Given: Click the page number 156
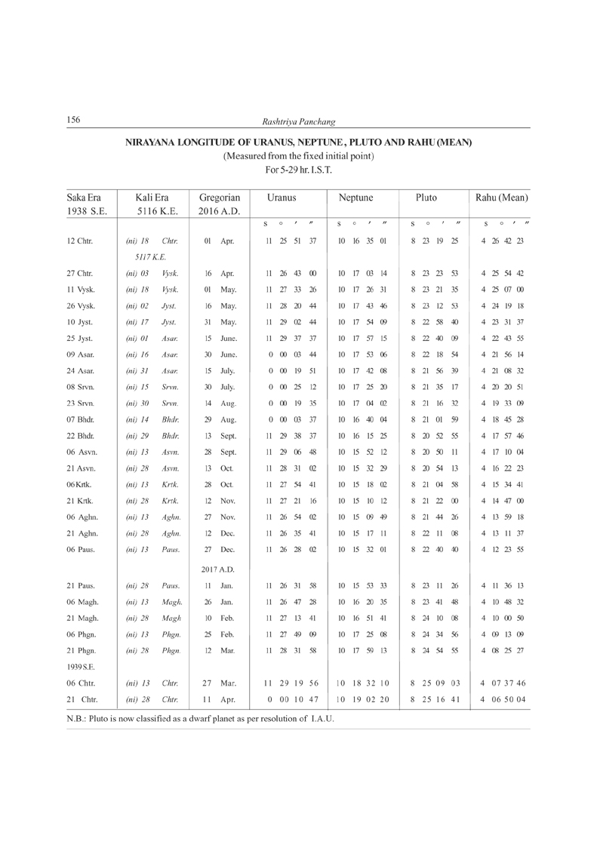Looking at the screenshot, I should pos(74,119).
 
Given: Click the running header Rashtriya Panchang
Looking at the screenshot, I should pos(298,121).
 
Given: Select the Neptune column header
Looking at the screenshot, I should pos(353,196).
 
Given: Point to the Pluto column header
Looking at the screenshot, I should pos(426,196).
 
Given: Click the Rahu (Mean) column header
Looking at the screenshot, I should pos(500,196).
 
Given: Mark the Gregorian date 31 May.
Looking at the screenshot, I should pos(215,325).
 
